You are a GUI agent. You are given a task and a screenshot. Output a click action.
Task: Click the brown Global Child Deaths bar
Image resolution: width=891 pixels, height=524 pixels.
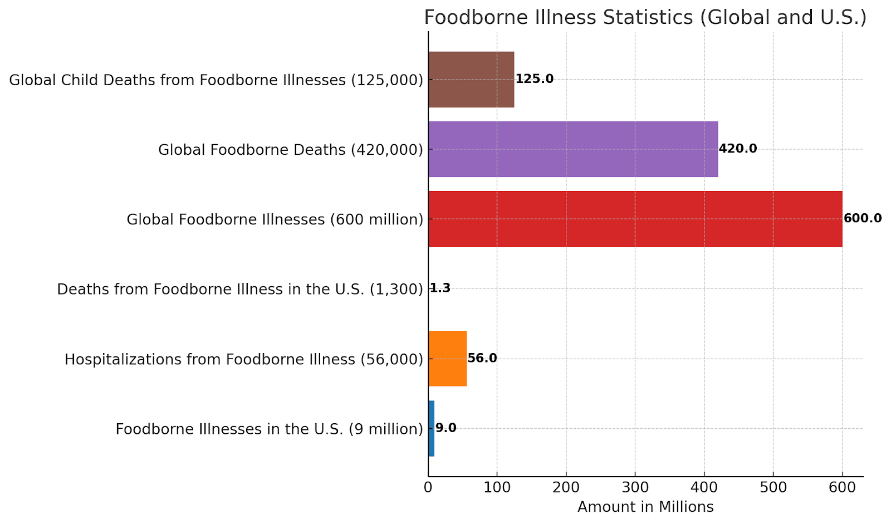[x=471, y=80]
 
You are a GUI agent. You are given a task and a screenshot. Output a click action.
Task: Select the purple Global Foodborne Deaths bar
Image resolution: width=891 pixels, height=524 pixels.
[x=573, y=149]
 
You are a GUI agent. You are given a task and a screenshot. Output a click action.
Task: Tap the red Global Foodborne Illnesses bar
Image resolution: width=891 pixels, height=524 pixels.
[x=635, y=219]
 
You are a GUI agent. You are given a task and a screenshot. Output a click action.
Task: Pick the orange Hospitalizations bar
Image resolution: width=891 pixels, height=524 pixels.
[x=447, y=359]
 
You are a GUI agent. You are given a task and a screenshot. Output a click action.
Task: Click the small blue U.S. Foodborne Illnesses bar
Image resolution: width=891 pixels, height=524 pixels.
[x=431, y=428]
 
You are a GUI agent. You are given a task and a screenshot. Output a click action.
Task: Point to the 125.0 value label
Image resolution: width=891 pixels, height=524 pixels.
[x=534, y=79]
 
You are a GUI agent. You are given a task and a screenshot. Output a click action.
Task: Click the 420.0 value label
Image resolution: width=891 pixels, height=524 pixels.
[x=737, y=149]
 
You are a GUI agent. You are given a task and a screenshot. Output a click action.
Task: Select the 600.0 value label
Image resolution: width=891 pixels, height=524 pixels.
[x=862, y=218]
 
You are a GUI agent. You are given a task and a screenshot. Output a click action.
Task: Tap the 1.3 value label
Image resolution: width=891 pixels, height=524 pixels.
[x=440, y=288]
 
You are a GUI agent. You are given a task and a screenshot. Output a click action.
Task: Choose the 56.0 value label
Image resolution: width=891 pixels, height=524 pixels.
[x=482, y=358]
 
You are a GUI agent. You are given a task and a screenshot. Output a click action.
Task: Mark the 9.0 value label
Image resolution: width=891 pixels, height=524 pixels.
[x=445, y=428]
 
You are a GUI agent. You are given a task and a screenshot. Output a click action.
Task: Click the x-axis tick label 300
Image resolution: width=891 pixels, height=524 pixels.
[x=635, y=488]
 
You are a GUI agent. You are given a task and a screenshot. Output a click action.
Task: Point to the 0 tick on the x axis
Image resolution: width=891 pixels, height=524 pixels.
[x=428, y=488]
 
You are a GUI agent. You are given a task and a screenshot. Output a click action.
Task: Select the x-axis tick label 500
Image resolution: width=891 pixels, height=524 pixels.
[x=773, y=488]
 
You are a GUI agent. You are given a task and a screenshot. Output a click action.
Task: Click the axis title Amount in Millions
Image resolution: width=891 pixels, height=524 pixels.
[x=645, y=507]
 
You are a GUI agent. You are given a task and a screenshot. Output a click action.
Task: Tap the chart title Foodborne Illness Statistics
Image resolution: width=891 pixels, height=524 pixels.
[x=645, y=17]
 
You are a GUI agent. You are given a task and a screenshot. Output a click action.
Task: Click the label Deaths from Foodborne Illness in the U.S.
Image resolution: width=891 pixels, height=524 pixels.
[x=240, y=289]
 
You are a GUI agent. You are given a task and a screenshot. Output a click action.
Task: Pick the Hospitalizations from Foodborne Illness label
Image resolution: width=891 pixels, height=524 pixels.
[x=243, y=359]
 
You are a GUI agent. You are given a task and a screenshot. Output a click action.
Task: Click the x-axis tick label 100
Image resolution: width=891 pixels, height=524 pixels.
[x=497, y=488]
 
